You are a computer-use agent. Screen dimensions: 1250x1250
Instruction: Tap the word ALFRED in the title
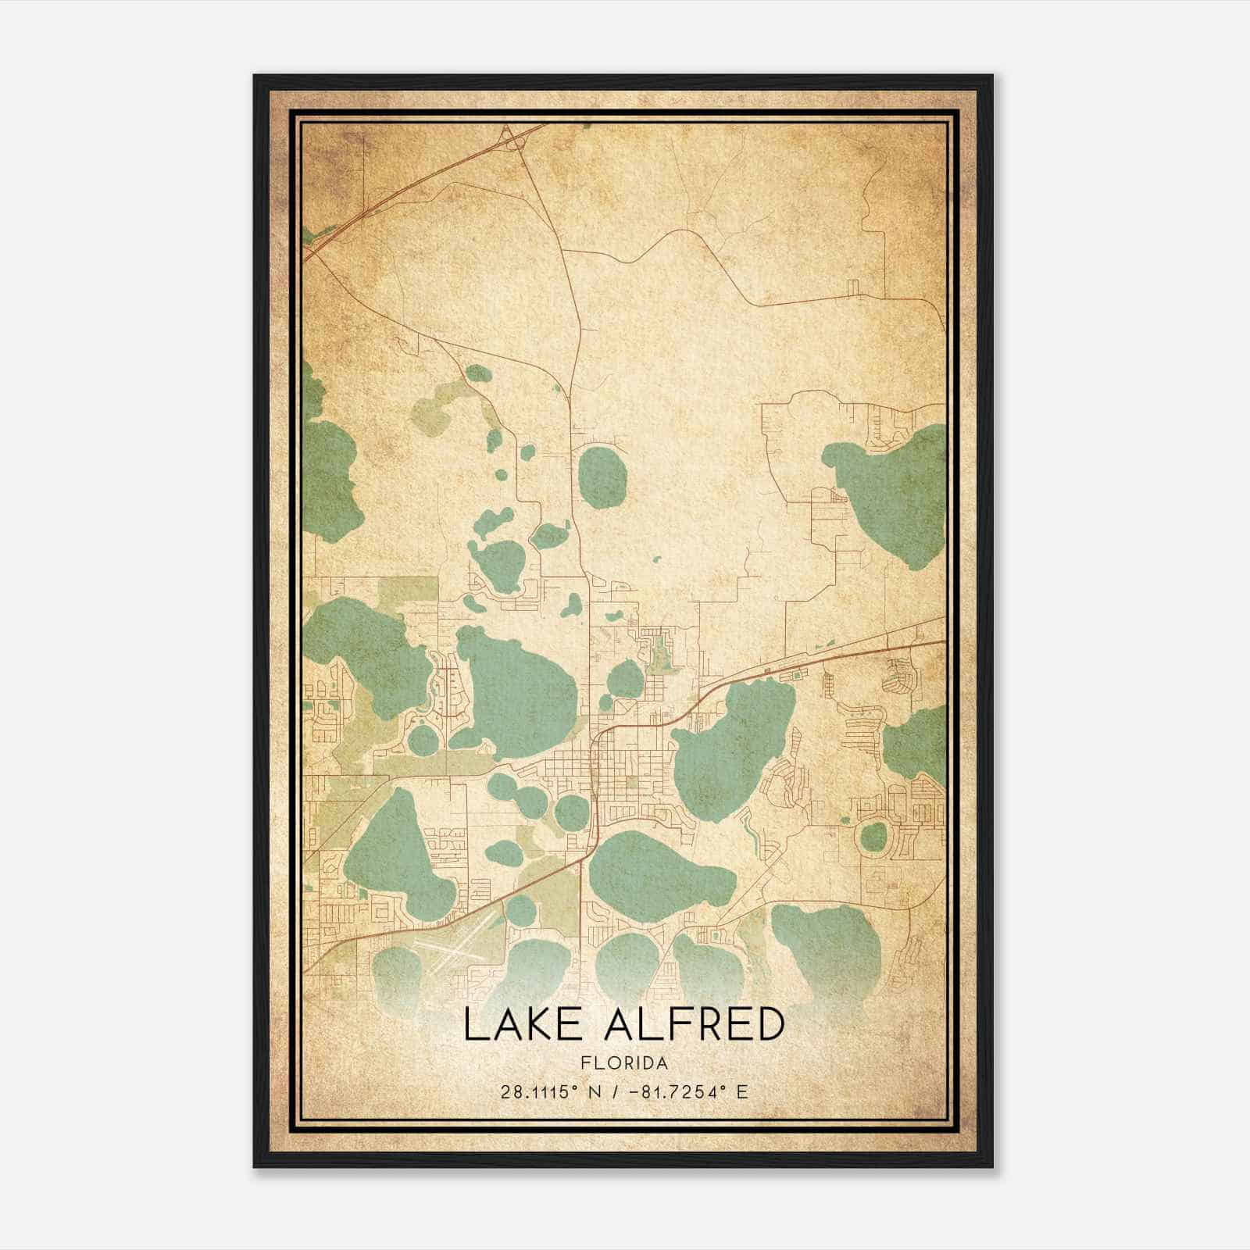694,1024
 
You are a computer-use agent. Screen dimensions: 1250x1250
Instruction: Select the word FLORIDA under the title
624,1062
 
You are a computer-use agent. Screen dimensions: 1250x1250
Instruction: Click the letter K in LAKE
539,1024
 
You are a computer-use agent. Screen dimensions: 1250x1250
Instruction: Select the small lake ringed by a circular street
874,837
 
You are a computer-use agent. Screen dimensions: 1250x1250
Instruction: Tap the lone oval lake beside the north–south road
602,476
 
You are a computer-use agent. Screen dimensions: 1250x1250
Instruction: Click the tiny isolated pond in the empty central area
657,559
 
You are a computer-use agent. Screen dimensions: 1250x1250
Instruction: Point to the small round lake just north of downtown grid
625,678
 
